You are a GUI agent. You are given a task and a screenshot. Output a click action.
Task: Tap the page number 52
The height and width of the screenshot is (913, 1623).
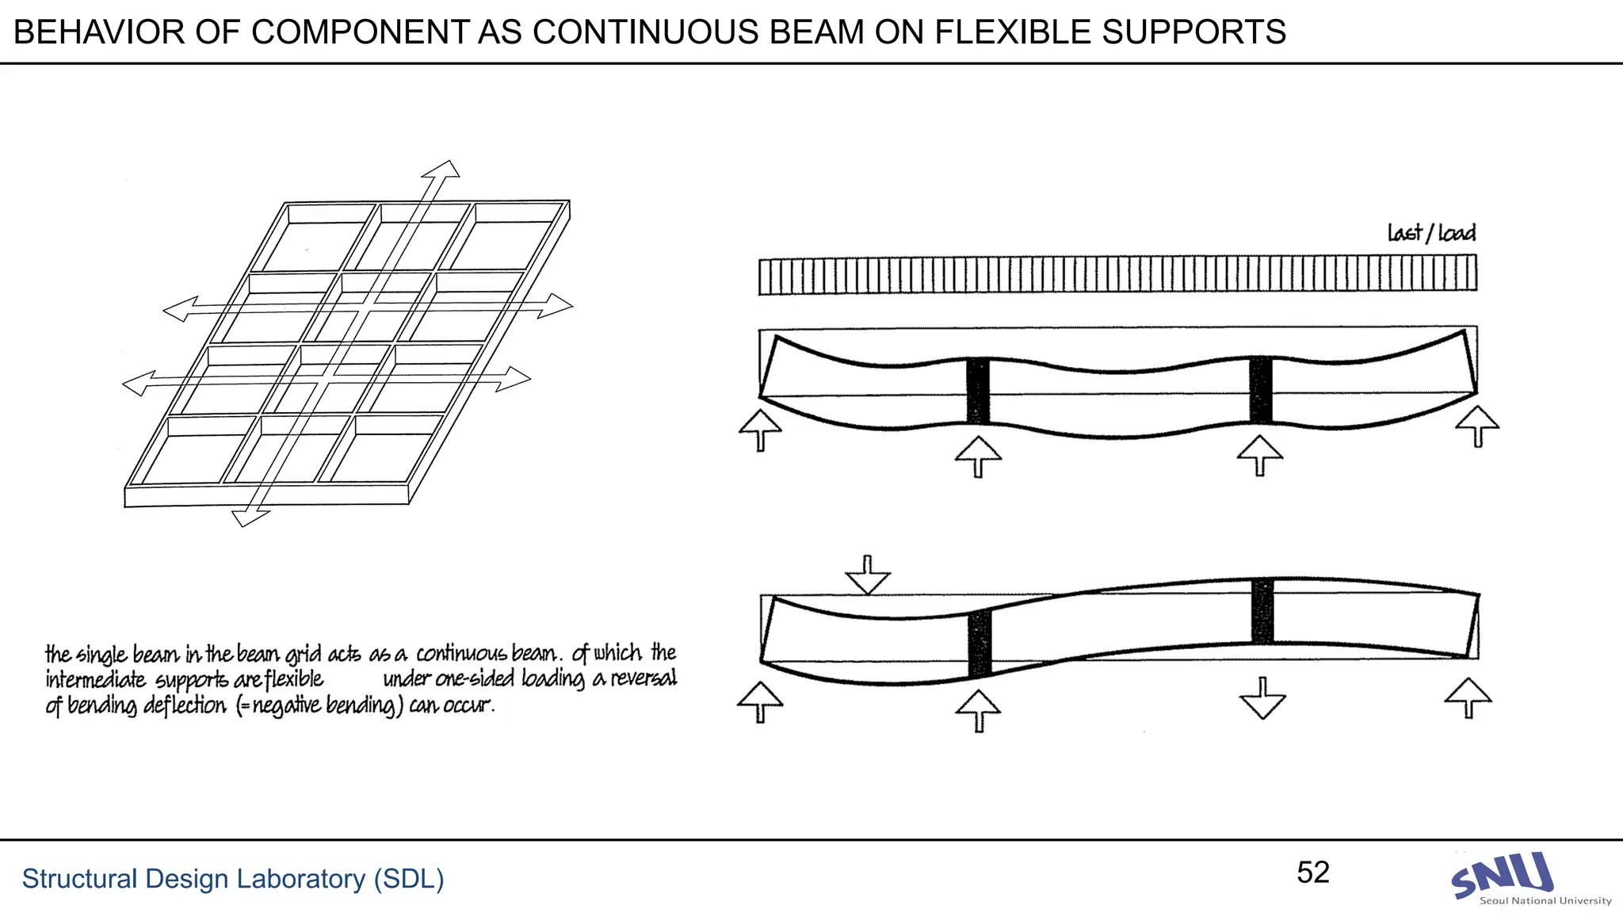click(x=1312, y=873)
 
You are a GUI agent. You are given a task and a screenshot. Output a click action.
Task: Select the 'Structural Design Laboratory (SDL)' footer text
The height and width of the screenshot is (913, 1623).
click(x=233, y=879)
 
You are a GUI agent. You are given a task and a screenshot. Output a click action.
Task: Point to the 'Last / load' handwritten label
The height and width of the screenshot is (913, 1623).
click(x=1431, y=233)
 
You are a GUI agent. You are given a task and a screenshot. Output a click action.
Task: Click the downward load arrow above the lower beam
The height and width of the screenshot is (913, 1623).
click(x=868, y=575)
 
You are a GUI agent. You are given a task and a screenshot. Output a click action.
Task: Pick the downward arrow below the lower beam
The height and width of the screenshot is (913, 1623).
click(x=1262, y=698)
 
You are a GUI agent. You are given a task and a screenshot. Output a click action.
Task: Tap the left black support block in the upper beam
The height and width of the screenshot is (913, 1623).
click(x=978, y=390)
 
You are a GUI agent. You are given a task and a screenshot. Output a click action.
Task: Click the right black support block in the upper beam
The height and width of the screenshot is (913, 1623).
click(x=1261, y=390)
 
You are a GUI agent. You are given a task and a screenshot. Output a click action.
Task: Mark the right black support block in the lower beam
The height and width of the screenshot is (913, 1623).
click(x=1262, y=611)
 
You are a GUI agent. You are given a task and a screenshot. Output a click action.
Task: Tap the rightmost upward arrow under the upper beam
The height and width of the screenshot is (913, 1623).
click(x=1477, y=426)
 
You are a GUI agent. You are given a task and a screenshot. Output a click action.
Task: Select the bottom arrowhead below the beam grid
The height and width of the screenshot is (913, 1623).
click(x=250, y=518)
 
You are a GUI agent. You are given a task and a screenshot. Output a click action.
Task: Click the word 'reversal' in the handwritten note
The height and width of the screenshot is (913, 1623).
click(x=643, y=679)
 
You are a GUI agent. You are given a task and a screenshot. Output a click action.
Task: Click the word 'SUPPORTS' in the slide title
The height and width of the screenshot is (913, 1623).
click(x=1194, y=32)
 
